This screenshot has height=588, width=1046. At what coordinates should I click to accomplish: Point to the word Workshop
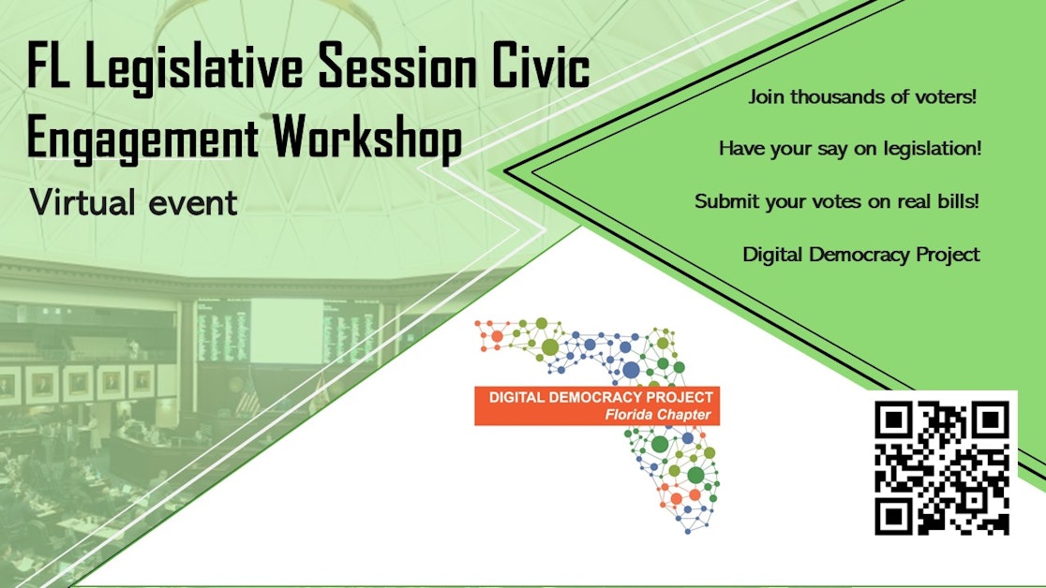366,140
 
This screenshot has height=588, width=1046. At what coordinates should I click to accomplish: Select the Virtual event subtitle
133,201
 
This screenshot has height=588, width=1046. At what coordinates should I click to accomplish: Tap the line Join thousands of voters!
862,97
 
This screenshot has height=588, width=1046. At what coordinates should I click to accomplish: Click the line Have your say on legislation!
850,149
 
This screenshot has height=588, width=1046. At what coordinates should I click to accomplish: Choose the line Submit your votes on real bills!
837,202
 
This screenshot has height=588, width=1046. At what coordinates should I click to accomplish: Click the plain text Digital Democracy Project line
861,255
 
